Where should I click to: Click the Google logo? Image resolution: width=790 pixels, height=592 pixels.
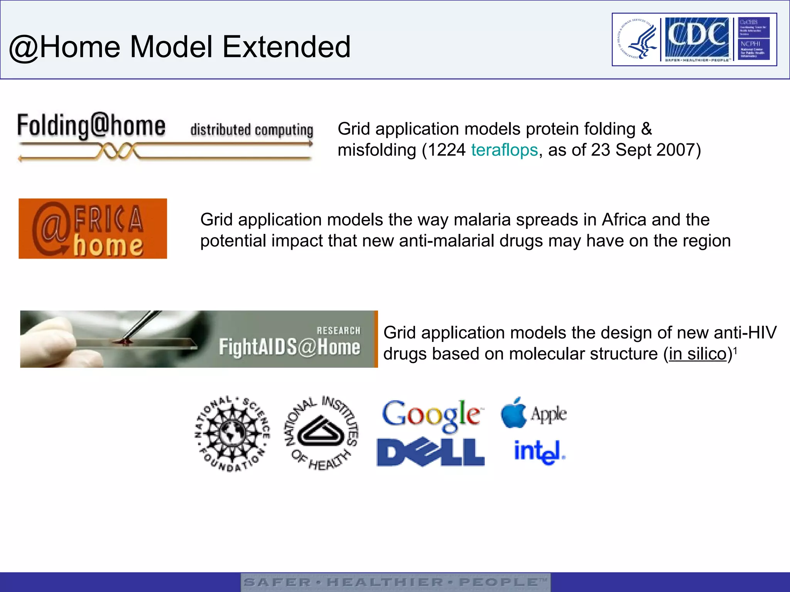[x=431, y=415]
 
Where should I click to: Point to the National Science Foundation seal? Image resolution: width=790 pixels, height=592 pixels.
[x=232, y=434]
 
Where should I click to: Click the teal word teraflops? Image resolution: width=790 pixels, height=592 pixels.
[x=504, y=150]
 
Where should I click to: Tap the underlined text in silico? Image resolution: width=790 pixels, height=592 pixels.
[x=697, y=354]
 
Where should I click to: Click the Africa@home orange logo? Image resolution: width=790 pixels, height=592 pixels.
[x=93, y=229]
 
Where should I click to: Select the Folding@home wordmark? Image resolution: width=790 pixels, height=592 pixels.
[x=91, y=126]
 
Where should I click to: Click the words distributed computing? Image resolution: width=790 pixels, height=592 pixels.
[x=252, y=130]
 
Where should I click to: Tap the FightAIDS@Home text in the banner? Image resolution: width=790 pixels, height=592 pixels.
[x=289, y=346]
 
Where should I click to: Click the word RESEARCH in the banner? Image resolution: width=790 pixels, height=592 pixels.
[x=338, y=330]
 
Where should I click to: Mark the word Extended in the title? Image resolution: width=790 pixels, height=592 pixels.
[x=286, y=47]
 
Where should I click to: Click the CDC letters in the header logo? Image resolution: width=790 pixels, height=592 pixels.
[x=697, y=35]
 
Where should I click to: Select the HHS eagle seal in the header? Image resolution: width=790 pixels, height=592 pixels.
[x=636, y=39]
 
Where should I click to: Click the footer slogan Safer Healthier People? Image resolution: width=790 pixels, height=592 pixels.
[x=395, y=582]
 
